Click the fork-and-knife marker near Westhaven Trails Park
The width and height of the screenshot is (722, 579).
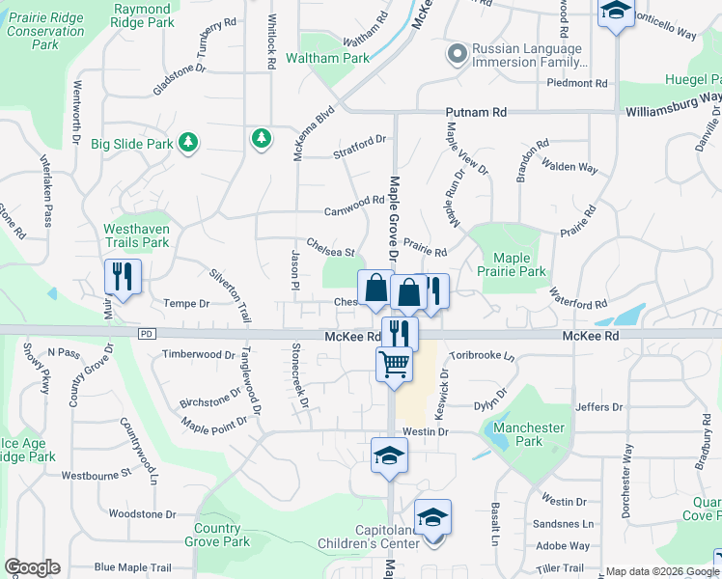[124, 277]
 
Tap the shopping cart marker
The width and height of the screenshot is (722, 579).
[394, 365]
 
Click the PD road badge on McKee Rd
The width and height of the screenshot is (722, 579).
[147, 334]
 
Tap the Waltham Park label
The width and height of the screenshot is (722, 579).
[335, 58]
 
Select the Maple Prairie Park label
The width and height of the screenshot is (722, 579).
[519, 264]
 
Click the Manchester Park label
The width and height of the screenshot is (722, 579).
[529, 434]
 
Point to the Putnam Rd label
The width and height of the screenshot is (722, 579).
[476, 113]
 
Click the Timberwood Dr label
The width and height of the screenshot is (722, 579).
[199, 355]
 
